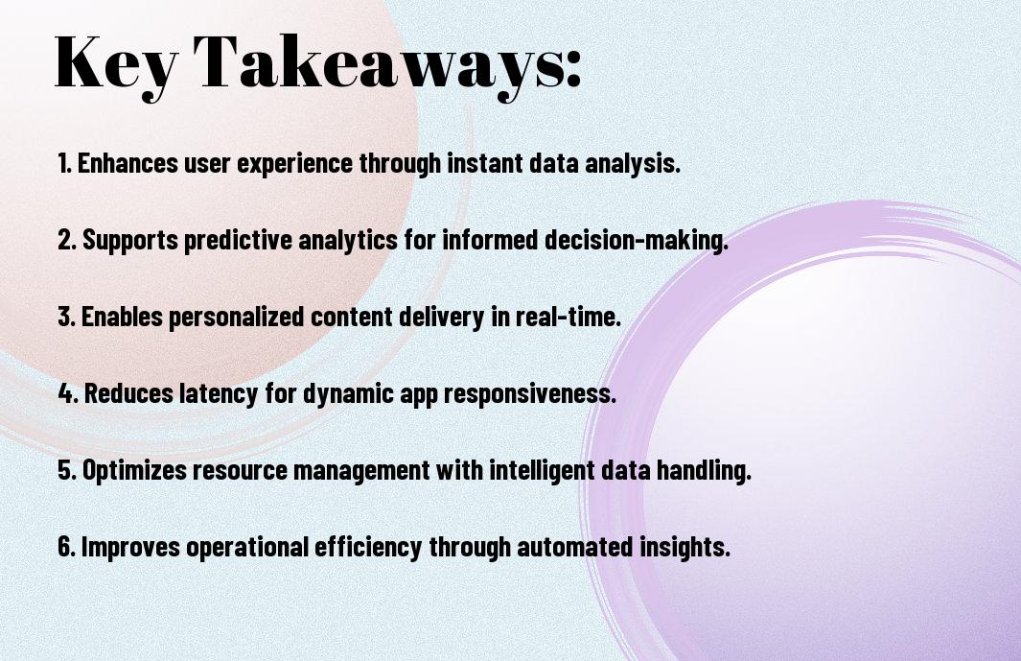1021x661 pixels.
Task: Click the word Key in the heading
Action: [115, 64]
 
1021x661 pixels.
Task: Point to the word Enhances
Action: [128, 163]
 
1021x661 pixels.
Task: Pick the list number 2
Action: [66, 240]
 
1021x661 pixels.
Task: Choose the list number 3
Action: [66, 317]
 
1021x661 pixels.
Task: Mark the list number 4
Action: [68, 393]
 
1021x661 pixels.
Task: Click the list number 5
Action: [66, 471]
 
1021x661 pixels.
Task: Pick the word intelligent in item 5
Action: [542, 471]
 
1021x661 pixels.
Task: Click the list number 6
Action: [66, 547]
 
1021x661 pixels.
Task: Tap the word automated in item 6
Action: [575, 547]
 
